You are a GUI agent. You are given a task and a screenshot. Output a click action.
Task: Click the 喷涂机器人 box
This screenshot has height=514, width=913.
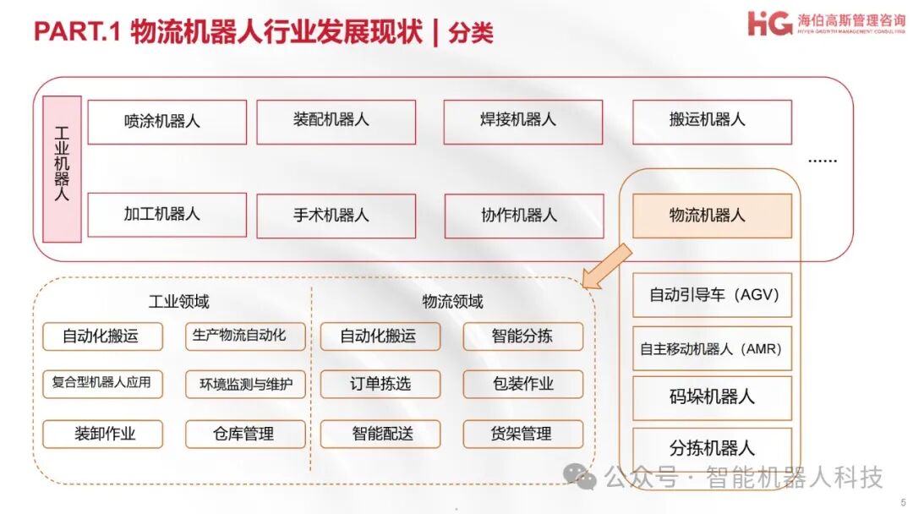(167, 122)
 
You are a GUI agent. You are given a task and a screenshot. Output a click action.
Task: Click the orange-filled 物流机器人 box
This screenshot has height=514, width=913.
(712, 216)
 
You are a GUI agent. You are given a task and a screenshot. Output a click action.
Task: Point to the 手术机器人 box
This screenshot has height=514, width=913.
(336, 216)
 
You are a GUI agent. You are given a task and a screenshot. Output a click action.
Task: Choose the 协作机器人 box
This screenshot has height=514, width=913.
(523, 216)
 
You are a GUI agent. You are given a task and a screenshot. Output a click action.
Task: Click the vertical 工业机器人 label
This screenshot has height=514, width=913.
(62, 169)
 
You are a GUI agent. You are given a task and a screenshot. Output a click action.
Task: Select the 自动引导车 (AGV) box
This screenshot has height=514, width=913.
(712, 295)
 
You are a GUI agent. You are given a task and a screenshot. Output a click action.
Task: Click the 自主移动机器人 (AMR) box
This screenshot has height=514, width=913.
(712, 348)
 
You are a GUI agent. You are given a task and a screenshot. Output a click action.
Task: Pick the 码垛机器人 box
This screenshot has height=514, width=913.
(712, 397)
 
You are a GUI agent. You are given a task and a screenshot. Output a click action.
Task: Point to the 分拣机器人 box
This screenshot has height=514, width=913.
(712, 448)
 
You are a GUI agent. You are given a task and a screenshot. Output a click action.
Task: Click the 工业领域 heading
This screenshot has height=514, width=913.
(179, 302)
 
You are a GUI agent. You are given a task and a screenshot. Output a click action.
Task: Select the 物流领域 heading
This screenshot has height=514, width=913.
(453, 302)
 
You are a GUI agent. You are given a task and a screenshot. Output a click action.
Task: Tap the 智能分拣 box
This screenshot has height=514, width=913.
(522, 336)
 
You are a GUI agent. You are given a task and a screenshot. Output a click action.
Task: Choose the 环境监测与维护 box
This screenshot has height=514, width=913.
(245, 385)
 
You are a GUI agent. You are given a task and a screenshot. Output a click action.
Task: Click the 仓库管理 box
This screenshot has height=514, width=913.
(245, 434)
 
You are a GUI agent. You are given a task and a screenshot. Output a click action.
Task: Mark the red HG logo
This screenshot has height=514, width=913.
(770, 23)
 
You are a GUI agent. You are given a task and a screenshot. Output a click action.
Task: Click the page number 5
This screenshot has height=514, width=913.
(902, 501)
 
